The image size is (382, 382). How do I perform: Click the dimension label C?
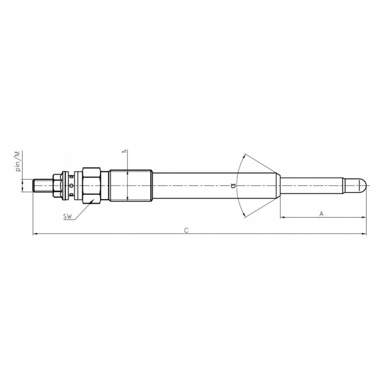click(x=187, y=230)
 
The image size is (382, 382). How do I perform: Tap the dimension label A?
click(x=321, y=214)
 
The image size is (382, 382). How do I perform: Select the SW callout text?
click(x=67, y=217)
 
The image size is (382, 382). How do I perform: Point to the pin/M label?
click(x=18, y=161)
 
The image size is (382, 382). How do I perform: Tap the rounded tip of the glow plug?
click(x=363, y=184)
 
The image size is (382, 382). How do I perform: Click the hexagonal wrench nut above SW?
click(x=91, y=185)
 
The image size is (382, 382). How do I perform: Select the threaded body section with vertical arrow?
click(x=130, y=185)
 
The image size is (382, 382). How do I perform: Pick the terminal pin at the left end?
click(x=42, y=185)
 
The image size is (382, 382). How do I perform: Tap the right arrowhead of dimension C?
click(x=364, y=234)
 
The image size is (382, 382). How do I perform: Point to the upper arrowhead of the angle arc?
click(x=245, y=155)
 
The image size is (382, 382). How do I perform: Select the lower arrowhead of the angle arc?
click(x=245, y=215)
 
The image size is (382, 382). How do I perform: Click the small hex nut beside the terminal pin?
click(x=58, y=185)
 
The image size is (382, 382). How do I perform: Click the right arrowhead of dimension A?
click(x=364, y=218)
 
